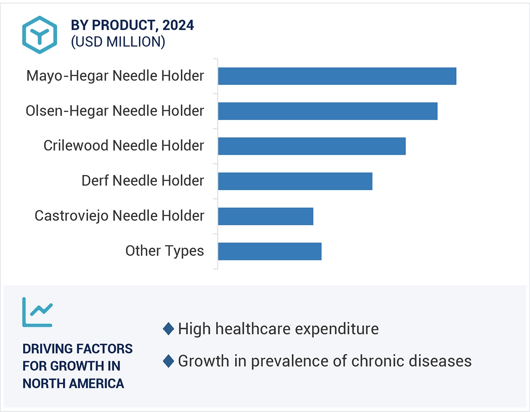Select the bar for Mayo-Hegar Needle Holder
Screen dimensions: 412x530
click(x=337, y=76)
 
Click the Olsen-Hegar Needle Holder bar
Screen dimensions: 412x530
click(x=328, y=111)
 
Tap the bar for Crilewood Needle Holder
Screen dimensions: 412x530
click(x=312, y=146)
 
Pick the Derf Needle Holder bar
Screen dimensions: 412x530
click(x=295, y=181)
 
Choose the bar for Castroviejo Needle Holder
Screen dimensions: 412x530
click(x=265, y=216)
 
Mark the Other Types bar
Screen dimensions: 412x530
click(x=270, y=251)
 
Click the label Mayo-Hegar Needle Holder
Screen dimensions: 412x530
click(x=115, y=76)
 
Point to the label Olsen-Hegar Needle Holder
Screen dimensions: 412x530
click(x=115, y=111)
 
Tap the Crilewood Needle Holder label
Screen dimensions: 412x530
click(x=124, y=145)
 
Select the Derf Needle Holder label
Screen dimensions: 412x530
click(x=143, y=180)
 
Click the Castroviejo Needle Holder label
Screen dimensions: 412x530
click(x=119, y=216)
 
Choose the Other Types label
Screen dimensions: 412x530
click(x=164, y=251)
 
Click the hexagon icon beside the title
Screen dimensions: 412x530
click(x=39, y=35)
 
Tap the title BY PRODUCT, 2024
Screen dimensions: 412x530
click(x=132, y=26)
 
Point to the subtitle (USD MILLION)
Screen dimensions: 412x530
click(x=118, y=42)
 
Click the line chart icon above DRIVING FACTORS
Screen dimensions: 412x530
click(x=38, y=312)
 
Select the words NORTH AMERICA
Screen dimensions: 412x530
click(x=73, y=383)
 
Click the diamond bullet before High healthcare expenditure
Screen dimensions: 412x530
click(x=169, y=329)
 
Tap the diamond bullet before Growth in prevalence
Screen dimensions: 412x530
click(x=169, y=361)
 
